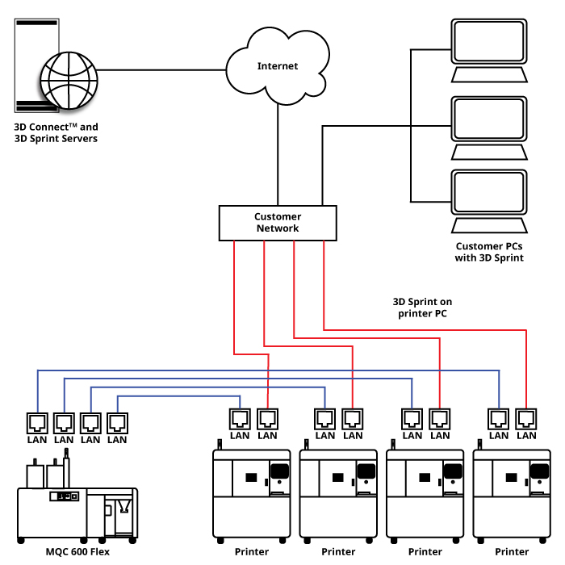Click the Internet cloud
(x=277, y=66)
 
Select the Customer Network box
(x=278, y=223)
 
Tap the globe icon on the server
(x=68, y=80)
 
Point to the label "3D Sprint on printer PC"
(x=422, y=307)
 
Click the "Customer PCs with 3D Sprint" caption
(x=489, y=252)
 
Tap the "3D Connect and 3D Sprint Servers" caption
(x=56, y=132)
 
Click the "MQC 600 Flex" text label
(x=77, y=552)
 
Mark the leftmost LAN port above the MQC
(x=37, y=421)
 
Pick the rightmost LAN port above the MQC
(x=117, y=421)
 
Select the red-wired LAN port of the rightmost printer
(x=526, y=418)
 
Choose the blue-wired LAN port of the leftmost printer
(x=240, y=418)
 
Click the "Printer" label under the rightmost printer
(x=512, y=552)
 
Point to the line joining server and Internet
(x=161, y=69)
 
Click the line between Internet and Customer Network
(x=278, y=153)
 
